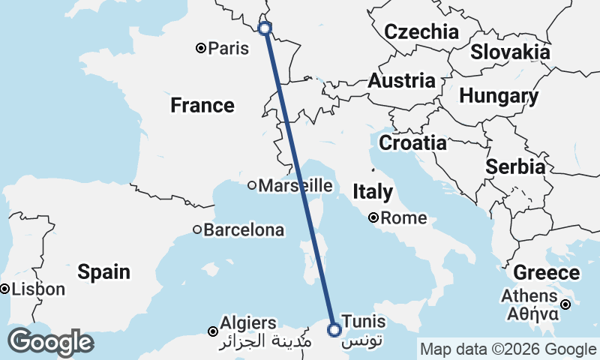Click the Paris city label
(x=229, y=49)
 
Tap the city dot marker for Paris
(x=201, y=49)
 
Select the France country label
(x=202, y=105)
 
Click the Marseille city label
(x=295, y=185)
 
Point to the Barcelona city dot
(x=197, y=230)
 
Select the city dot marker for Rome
(x=373, y=219)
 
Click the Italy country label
(x=373, y=192)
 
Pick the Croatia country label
(x=412, y=142)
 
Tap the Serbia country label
(x=515, y=167)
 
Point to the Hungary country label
(x=499, y=96)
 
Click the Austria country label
(x=401, y=81)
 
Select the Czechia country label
(x=421, y=31)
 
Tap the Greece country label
(x=546, y=273)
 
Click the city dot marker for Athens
(x=566, y=304)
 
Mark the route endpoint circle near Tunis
(x=334, y=328)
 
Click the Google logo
(x=50, y=342)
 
